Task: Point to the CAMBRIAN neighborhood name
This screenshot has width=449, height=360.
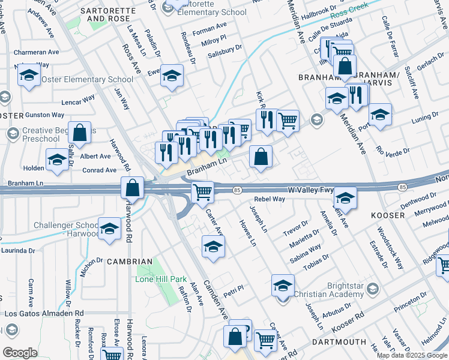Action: pyautogui.click(x=130, y=262)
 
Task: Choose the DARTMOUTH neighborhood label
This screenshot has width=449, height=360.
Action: pyautogui.click(x=339, y=341)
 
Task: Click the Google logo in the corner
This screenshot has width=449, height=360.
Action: pyautogui.click(x=19, y=352)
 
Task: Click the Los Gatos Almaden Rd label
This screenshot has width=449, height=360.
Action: pyautogui.click(x=44, y=313)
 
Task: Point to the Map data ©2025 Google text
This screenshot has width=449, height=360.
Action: pyautogui.click(x=412, y=355)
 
